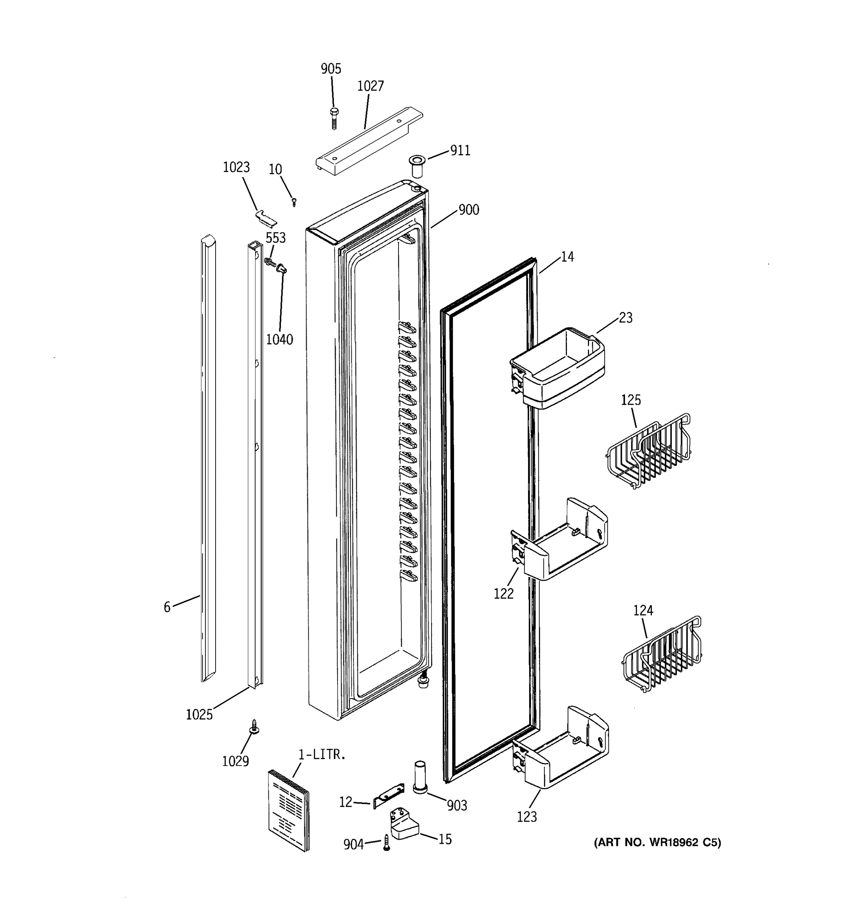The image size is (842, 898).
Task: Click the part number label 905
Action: click(331, 69)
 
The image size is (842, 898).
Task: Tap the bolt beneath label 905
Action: click(334, 118)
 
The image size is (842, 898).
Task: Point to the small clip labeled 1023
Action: click(266, 217)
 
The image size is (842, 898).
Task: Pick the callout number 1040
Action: click(279, 339)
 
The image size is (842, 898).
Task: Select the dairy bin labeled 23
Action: click(558, 368)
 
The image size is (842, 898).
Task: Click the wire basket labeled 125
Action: click(648, 452)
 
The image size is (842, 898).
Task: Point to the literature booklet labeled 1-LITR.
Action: click(289, 811)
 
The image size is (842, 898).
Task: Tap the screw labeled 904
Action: click(386, 843)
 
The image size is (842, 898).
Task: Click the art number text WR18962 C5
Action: click(657, 843)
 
